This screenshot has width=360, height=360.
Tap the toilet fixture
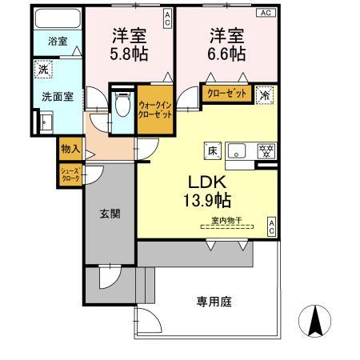(122, 104)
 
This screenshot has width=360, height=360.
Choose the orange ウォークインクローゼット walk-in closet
(154, 108)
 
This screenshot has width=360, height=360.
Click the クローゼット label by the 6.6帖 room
(227, 93)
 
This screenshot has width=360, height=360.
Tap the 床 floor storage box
(213, 150)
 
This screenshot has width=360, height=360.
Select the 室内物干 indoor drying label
(227, 220)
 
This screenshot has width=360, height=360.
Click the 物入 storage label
(70, 150)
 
